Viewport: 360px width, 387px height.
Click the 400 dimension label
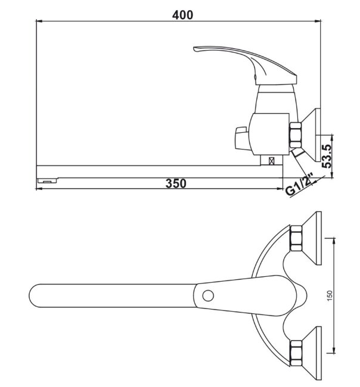(182, 15)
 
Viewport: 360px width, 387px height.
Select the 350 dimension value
(176, 183)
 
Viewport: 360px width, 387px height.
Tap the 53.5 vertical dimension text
(327, 156)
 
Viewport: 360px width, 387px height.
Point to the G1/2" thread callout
(299, 185)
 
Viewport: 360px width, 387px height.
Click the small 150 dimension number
(330, 295)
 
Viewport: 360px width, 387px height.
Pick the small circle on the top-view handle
(208, 296)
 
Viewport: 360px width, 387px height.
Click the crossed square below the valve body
(272, 161)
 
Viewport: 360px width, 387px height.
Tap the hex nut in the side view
(295, 135)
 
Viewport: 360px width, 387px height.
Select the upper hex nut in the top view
(296, 238)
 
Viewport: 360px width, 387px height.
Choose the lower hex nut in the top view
(296, 353)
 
